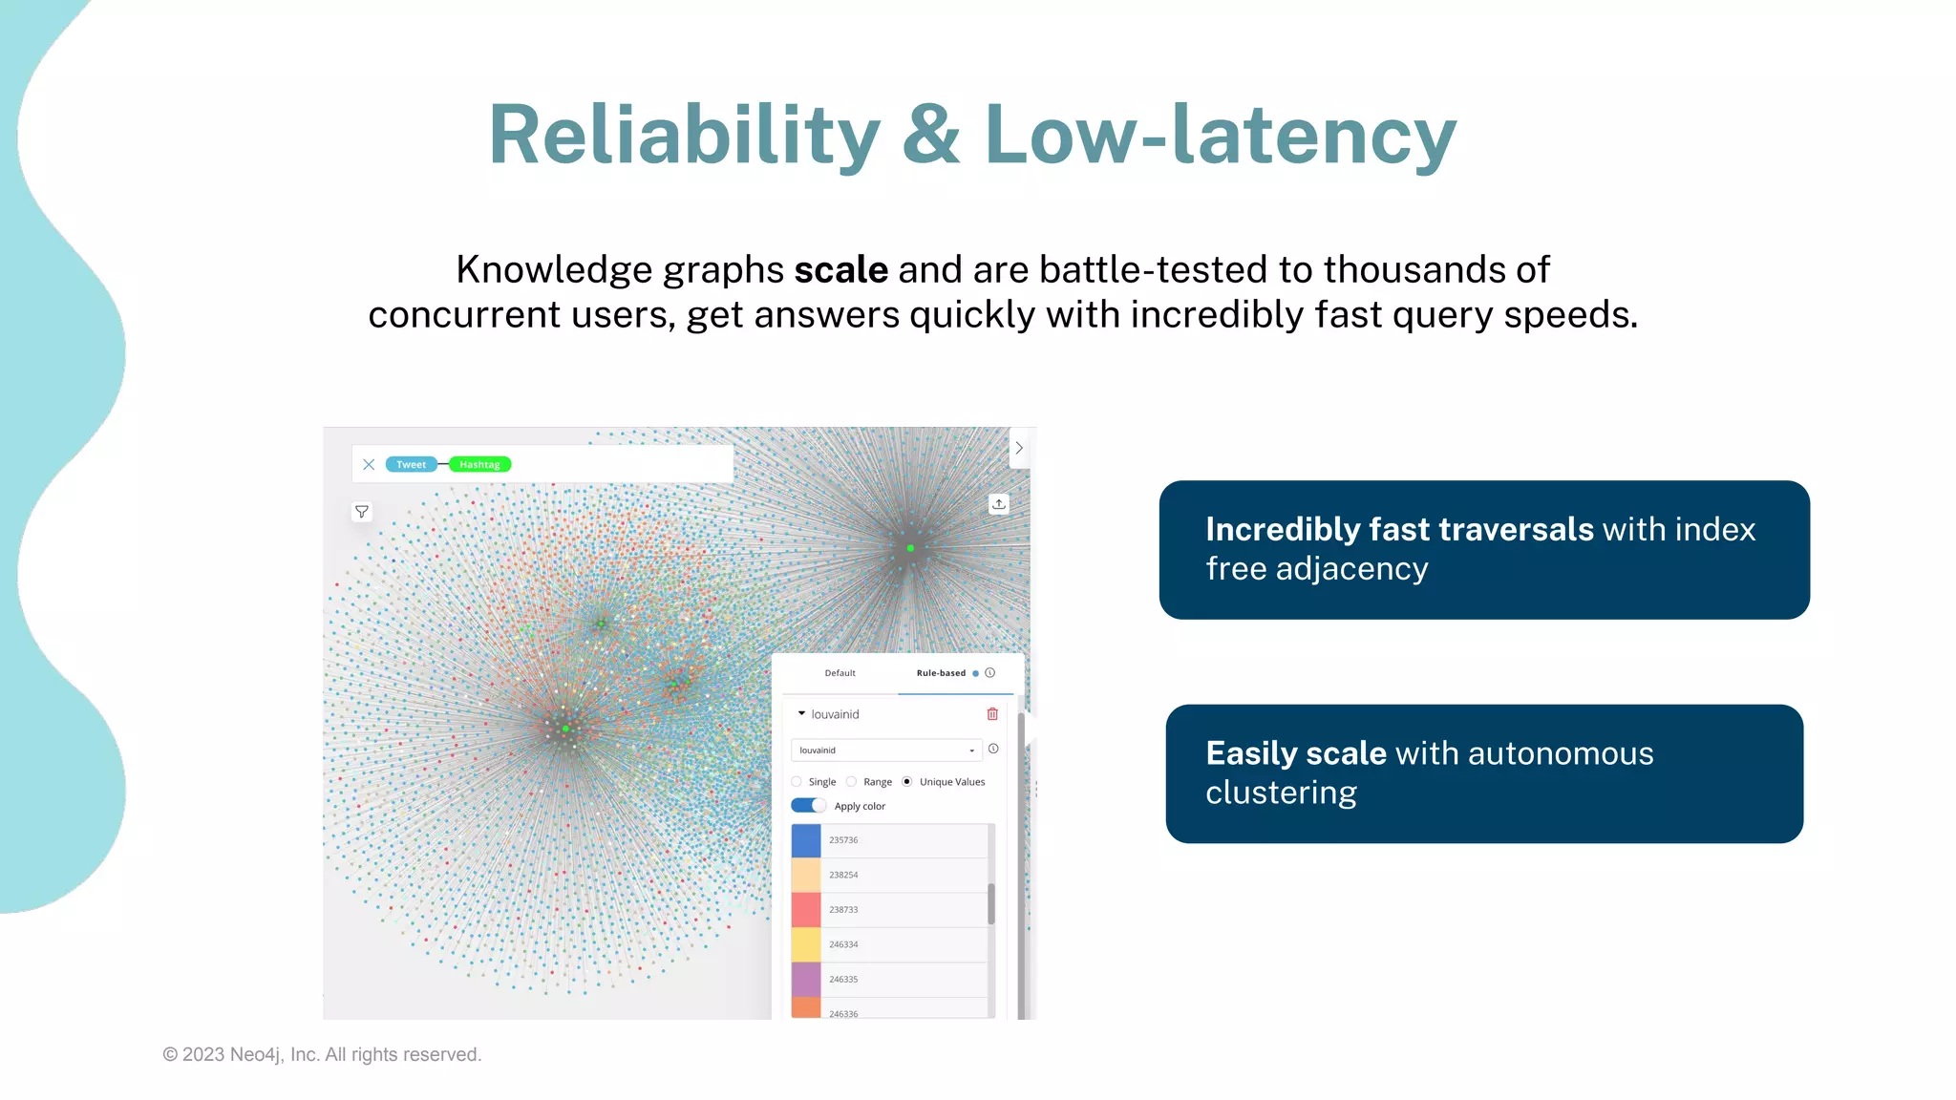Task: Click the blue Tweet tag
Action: click(411, 465)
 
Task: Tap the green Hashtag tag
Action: click(479, 465)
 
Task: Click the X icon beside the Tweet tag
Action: click(369, 465)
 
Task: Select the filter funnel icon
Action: click(362, 512)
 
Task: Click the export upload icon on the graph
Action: click(998, 504)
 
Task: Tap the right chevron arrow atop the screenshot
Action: click(1019, 448)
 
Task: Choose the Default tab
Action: click(840, 673)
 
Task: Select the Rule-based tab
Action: click(941, 673)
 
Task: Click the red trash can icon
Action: click(992, 714)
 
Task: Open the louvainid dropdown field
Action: click(886, 751)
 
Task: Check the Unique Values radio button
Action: click(907, 782)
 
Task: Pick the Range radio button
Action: click(852, 782)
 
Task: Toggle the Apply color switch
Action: click(808, 806)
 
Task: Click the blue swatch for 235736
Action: click(806, 840)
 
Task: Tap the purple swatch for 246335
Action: click(806, 980)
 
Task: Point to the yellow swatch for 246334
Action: click(806, 944)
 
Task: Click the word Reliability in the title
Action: click(684, 136)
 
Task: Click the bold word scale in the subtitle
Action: click(840, 270)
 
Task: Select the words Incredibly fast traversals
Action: click(1399, 530)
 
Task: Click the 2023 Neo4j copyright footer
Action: click(322, 1055)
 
